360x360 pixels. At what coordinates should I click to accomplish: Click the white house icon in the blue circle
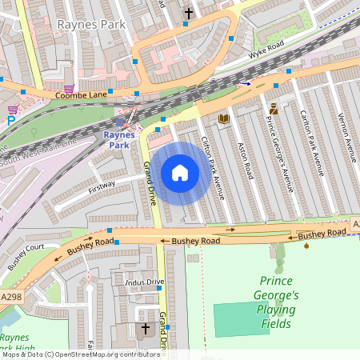point(180,172)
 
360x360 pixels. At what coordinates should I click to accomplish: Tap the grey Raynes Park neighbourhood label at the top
point(89,25)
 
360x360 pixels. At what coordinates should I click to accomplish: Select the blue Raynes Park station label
point(118,140)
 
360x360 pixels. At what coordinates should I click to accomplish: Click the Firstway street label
point(102,185)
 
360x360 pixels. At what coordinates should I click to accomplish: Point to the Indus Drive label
point(144,282)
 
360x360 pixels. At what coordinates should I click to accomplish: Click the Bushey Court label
point(26,258)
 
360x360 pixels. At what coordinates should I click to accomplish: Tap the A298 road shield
point(10,295)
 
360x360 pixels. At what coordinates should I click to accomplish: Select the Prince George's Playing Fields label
point(278,302)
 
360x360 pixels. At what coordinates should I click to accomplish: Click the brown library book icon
point(224,119)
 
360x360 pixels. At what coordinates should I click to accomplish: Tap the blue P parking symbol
point(10,122)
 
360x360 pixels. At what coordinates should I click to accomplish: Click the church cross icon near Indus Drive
point(146,329)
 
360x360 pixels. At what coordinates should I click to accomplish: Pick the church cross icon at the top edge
point(189,13)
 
